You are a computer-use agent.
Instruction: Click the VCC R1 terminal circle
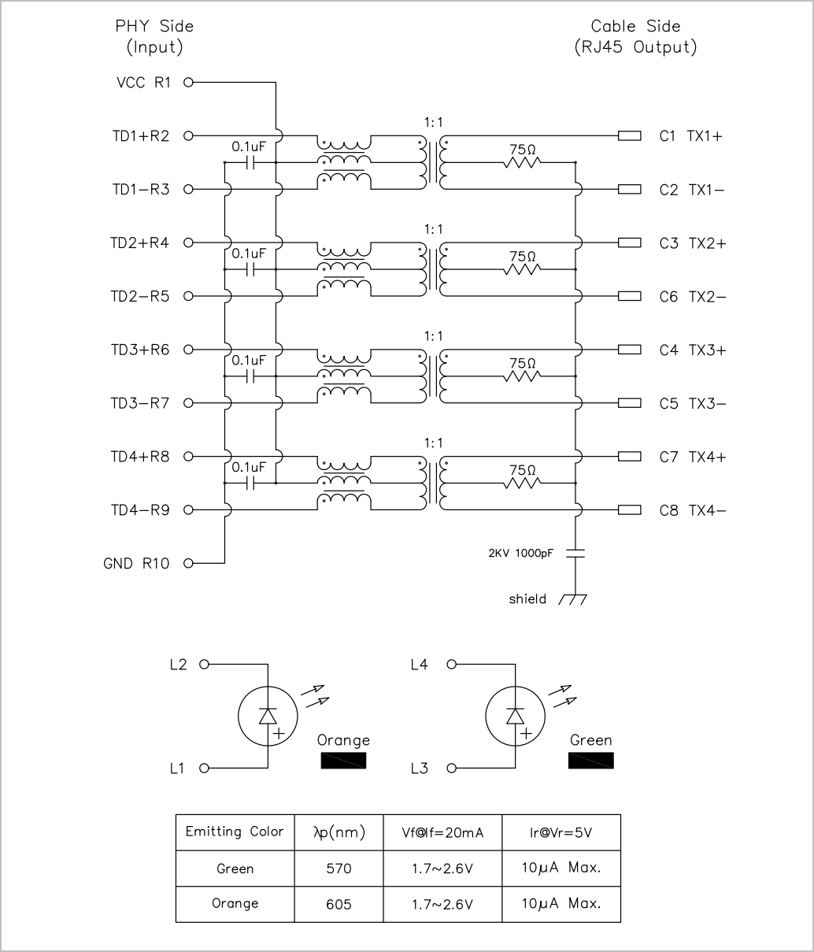click(x=188, y=83)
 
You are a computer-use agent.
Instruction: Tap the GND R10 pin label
click(x=136, y=563)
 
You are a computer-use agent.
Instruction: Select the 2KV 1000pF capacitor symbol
click(x=575, y=553)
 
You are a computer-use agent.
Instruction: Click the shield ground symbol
click(x=573, y=599)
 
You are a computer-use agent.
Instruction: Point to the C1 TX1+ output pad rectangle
click(x=629, y=136)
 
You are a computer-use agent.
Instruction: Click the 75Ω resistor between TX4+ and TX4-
click(x=522, y=483)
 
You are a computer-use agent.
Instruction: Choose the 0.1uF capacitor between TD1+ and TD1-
click(x=250, y=162)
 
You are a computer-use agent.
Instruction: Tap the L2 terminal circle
click(x=204, y=664)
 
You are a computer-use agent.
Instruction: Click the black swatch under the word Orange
click(x=343, y=761)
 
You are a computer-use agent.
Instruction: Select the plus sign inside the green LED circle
click(x=526, y=734)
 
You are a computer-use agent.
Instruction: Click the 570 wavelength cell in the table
click(x=339, y=869)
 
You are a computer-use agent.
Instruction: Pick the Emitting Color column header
click(x=235, y=832)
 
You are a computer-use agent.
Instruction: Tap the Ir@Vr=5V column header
click(x=561, y=832)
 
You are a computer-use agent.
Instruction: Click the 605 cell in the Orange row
click(x=339, y=904)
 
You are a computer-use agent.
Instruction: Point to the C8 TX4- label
click(x=693, y=510)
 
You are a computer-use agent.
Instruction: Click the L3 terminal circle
click(x=452, y=769)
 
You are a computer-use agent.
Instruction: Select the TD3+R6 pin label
click(x=140, y=350)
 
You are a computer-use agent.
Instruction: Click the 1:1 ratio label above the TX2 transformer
click(x=433, y=229)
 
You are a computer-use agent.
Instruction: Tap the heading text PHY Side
click(x=154, y=26)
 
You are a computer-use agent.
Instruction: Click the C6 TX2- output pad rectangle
click(x=629, y=296)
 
